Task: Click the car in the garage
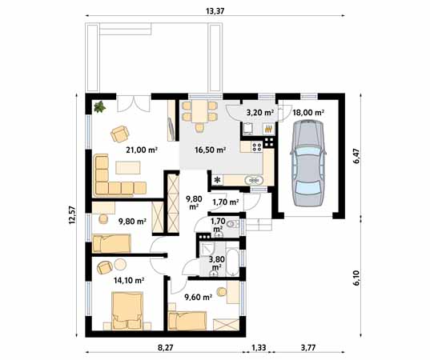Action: point(308,163)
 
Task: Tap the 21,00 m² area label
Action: point(142,150)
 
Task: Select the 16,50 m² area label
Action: point(210,150)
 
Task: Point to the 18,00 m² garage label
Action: point(308,112)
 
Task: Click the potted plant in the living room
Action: point(99,106)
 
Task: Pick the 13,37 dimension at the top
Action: point(215,11)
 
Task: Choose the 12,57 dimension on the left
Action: point(72,215)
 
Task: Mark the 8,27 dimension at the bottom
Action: point(166,348)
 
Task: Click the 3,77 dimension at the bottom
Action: point(308,348)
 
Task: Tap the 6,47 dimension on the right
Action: point(356,156)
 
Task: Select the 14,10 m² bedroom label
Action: point(129,280)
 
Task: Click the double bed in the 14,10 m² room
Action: point(127,311)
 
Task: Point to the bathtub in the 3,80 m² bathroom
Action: point(233,262)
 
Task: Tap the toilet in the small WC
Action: point(232,224)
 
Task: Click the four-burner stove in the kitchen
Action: point(257,146)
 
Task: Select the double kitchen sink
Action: point(255,181)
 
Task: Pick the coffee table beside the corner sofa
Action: point(128,167)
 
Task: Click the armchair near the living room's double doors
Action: point(120,134)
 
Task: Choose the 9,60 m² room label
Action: point(198,297)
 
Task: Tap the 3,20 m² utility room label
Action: point(260,112)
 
